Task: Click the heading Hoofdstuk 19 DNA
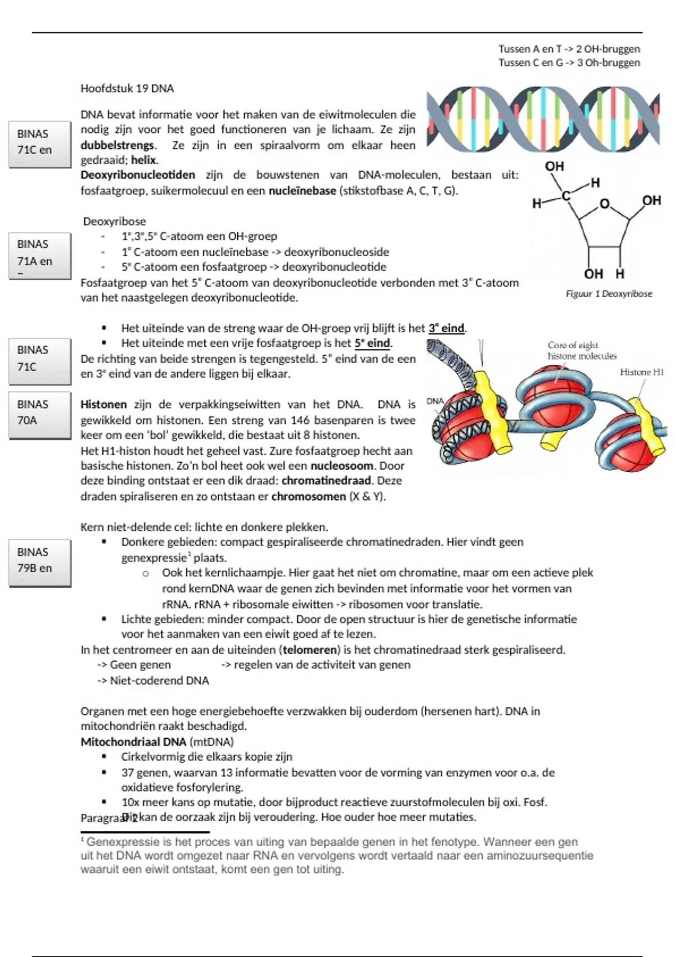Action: pos(127,88)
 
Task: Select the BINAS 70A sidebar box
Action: pos(39,414)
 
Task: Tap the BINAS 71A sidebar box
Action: pos(39,254)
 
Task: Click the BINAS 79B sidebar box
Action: pos(39,562)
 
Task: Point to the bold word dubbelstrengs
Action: pos(117,145)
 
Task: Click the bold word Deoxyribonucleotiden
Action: pos(138,175)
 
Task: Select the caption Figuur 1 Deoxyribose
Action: pos(609,294)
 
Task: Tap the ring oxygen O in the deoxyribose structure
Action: pos(604,204)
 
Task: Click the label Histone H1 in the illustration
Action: pos(641,372)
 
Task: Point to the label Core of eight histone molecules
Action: pos(582,351)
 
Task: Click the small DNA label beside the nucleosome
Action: pos(435,401)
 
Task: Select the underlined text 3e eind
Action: pos(447,328)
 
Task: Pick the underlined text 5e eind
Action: pos(372,343)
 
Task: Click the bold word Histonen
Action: pos(103,405)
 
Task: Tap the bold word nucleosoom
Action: pos(342,466)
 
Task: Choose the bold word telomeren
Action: pos(309,650)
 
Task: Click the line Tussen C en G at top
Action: pos(569,63)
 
